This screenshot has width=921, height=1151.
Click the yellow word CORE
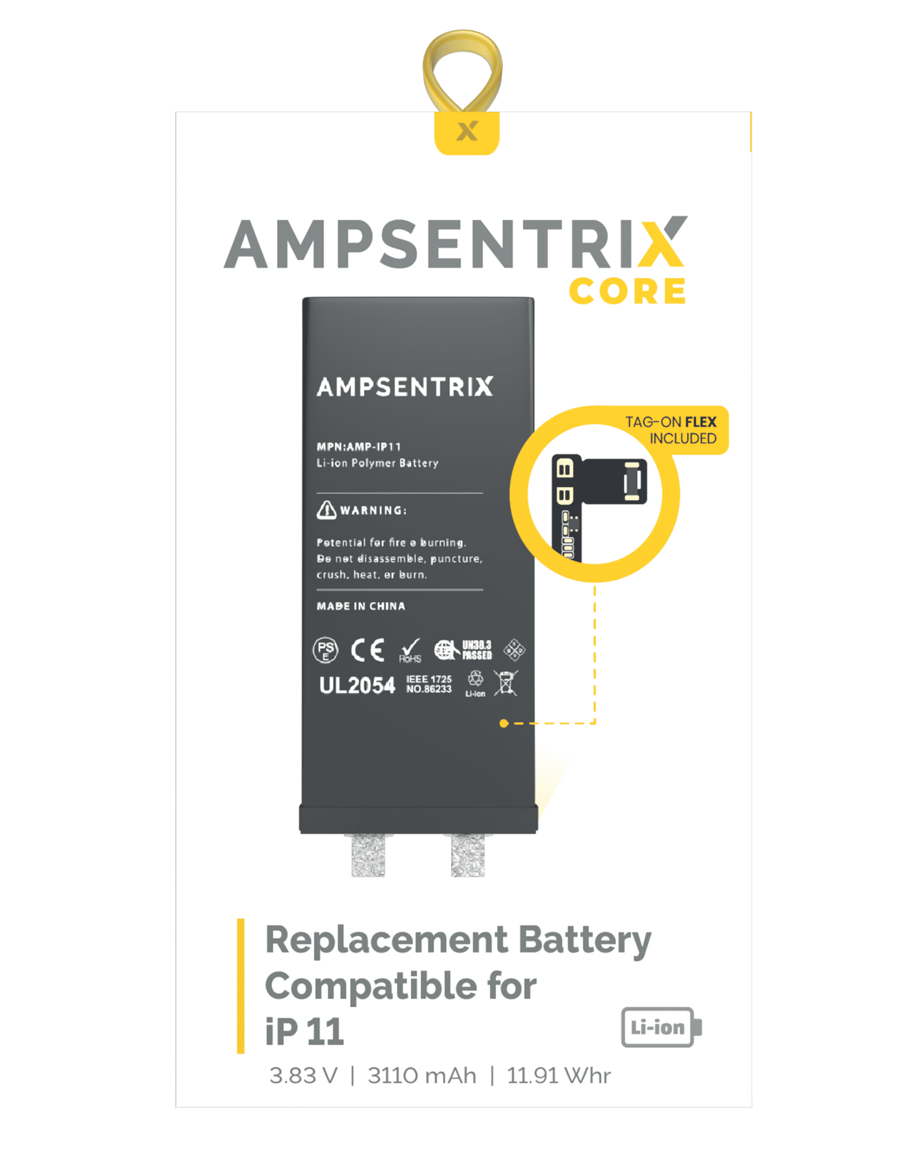pyautogui.click(x=627, y=291)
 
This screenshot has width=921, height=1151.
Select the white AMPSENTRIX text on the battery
pyautogui.click(x=405, y=387)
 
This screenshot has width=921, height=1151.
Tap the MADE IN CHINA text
pyautogui.click(x=361, y=606)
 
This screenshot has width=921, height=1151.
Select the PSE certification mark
pyautogui.click(x=325, y=650)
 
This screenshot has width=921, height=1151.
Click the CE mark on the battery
pyautogui.click(x=367, y=650)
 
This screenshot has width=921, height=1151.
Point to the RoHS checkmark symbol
pyautogui.click(x=410, y=650)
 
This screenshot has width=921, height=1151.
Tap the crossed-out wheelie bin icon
pyautogui.click(x=505, y=683)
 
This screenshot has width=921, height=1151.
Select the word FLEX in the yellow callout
pyautogui.click(x=700, y=422)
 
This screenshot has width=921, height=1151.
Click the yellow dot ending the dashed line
pyautogui.click(x=503, y=723)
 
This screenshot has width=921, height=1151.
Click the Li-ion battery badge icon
pyautogui.click(x=661, y=1027)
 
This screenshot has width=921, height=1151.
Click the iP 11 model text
pyautogui.click(x=304, y=1031)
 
